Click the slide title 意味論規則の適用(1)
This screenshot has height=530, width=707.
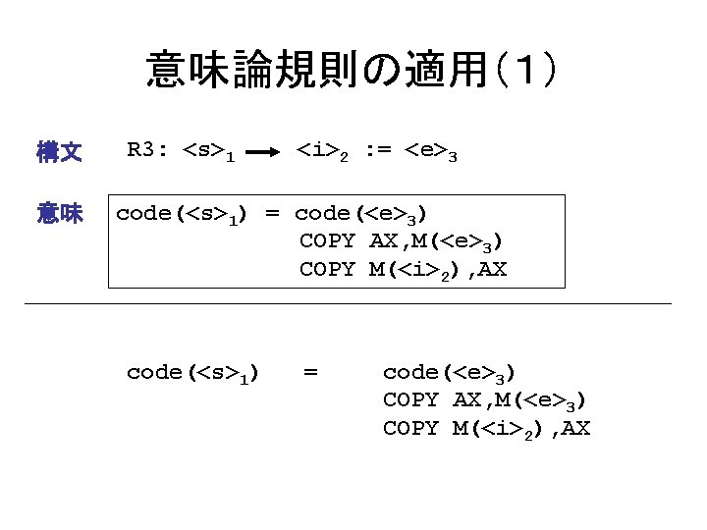[353, 71]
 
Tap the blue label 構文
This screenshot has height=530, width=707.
[58, 152]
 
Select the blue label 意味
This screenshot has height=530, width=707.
[58, 213]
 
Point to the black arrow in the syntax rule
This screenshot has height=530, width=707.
[262, 153]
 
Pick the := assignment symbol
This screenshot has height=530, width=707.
[378, 151]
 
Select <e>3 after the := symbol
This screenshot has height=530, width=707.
[432, 152]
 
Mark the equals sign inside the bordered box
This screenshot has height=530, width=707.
[272, 213]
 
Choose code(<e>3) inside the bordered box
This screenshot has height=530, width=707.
[361, 214]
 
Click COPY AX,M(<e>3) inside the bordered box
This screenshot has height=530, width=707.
[404, 241]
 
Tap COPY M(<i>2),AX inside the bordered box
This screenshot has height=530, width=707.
[404, 269]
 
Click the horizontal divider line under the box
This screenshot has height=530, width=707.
[349, 304]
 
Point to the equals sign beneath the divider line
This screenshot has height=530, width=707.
[310, 372]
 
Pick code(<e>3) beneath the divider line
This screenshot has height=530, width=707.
[450, 373]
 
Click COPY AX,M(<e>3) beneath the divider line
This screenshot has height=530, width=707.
[486, 400]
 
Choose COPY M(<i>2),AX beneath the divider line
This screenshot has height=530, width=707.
[486, 429]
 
